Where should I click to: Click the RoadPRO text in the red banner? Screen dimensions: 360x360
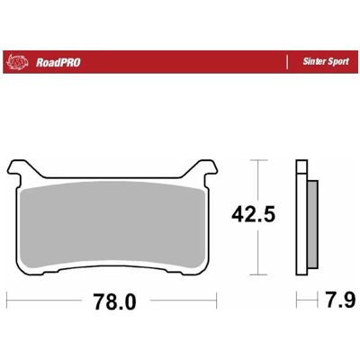[58, 63]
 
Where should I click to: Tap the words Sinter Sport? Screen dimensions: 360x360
[326, 61]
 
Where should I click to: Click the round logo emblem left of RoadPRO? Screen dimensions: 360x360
[18, 62]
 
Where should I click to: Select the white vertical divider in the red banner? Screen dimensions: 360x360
[287, 62]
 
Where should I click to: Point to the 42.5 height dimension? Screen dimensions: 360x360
[253, 214]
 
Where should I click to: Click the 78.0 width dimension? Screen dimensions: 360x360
[114, 301]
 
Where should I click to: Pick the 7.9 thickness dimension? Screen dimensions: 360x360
[341, 300]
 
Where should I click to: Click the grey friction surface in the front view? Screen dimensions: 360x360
[112, 225]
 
